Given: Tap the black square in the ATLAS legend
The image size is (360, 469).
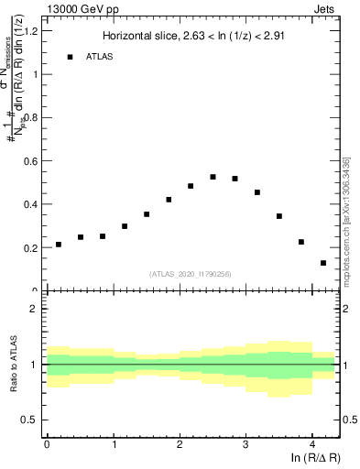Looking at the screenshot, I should pos(70,57).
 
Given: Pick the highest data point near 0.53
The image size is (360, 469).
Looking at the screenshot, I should pos(213,177).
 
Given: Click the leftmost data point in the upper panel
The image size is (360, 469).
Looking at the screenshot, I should pos(59,245).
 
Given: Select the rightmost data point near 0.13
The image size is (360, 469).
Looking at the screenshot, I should pos(323,263).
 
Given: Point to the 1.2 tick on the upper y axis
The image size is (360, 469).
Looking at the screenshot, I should pos(30,31).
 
